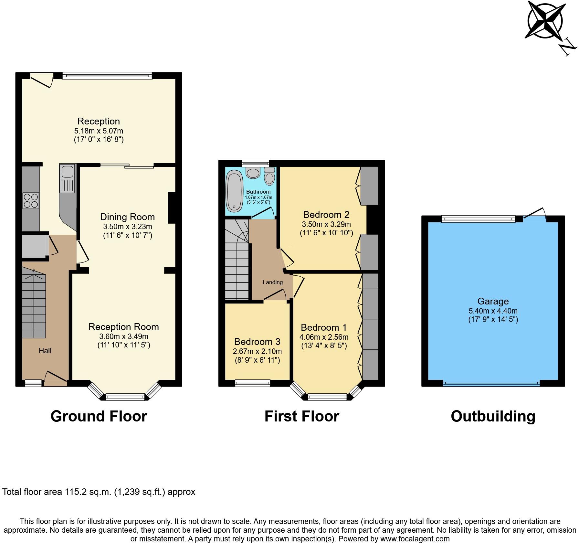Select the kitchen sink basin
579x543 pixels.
click(x=67, y=172)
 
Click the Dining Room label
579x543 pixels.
click(x=127, y=217)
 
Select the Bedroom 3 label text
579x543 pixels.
click(x=257, y=342)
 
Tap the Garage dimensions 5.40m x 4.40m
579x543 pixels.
click(x=493, y=311)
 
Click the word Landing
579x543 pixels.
click(x=272, y=282)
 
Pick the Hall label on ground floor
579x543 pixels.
click(x=45, y=351)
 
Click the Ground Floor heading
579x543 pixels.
click(x=99, y=416)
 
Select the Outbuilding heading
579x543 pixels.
click(x=493, y=416)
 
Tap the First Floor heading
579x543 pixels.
click(x=301, y=416)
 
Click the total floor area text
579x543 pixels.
click(x=99, y=492)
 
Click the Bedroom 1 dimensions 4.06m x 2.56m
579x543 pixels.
click(x=324, y=337)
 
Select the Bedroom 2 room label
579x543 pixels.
click(x=326, y=215)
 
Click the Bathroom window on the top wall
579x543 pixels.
click(x=256, y=163)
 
